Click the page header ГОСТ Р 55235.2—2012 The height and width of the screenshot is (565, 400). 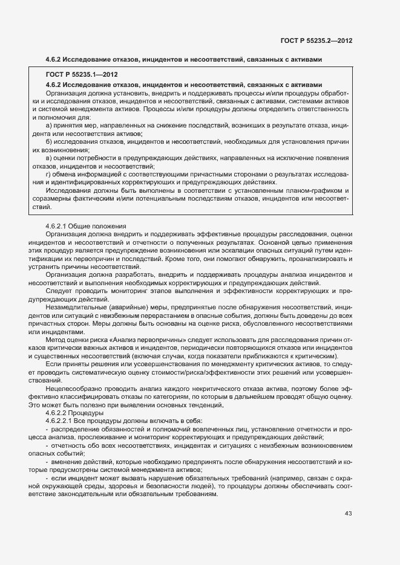tap(316, 40)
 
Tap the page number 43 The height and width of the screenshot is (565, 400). tap(348, 514)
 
